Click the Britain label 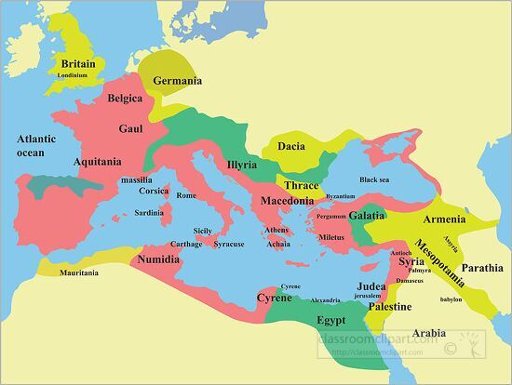point(78,63)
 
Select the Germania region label point(177,81)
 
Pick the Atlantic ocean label point(36,145)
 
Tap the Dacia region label point(291,146)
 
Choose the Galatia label point(366,215)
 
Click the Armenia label point(444,219)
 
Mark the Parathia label point(482,268)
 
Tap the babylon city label point(451,299)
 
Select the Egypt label point(331,320)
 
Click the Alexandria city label point(325,300)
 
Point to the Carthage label point(186,244)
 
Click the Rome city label point(186,195)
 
